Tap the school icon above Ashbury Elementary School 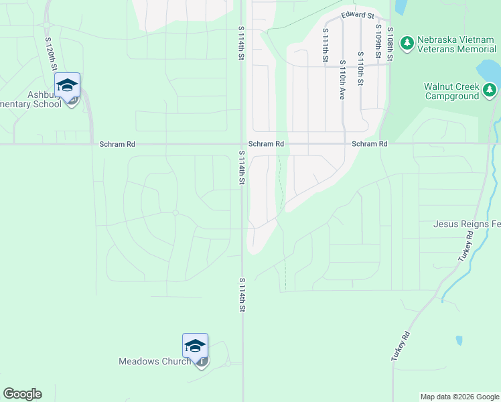(x=67, y=85)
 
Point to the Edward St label (x=356, y=15)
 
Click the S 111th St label (x=325, y=45)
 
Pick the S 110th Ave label (x=342, y=80)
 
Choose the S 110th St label (x=360, y=68)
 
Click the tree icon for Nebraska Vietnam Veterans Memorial (x=407, y=44)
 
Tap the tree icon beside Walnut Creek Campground (x=490, y=88)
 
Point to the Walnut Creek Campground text (x=451, y=91)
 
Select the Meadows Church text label (x=153, y=361)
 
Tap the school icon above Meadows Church (x=195, y=346)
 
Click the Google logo (x=22, y=394)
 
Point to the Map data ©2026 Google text (x=459, y=397)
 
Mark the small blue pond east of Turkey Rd (x=459, y=340)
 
